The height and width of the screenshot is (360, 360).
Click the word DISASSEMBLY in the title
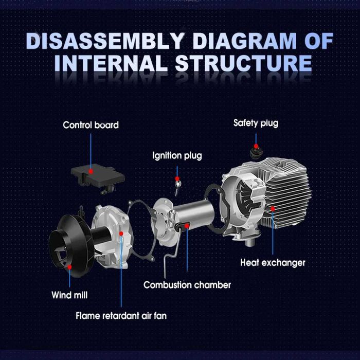click(104, 41)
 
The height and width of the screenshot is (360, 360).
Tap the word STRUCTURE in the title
click(244, 63)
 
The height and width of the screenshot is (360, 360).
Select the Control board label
click(91, 125)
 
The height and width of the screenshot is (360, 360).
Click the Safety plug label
click(256, 123)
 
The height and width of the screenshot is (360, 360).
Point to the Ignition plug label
click(177, 156)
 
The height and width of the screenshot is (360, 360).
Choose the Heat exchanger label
click(273, 263)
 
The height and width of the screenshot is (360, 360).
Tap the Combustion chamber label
click(187, 285)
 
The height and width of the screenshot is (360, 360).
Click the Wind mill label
click(69, 295)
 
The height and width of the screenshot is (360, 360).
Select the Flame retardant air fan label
click(121, 316)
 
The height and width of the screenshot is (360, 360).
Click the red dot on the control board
click(91, 171)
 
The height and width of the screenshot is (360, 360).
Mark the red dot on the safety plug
click(256, 146)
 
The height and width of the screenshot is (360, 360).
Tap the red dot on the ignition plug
click(177, 178)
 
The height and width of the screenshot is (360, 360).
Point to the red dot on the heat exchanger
click(273, 209)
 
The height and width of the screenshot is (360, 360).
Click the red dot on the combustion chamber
click(187, 226)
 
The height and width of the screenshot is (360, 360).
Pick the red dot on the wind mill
click(69, 267)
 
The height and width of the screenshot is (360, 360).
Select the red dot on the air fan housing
click(121, 233)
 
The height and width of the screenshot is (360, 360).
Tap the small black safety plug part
click(256, 152)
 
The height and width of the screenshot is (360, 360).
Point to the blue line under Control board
click(91, 152)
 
